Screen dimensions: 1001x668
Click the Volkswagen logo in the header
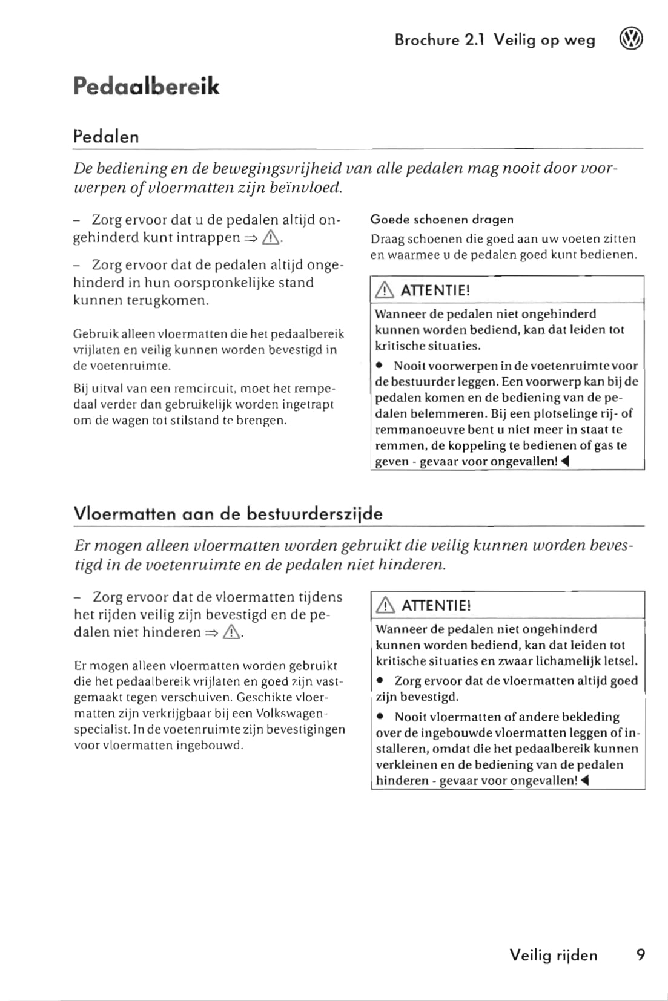click(x=631, y=39)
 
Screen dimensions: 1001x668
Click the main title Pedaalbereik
click(x=146, y=87)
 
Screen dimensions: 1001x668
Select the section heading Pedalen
click(x=106, y=137)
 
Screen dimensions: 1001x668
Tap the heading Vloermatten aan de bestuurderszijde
click(x=228, y=514)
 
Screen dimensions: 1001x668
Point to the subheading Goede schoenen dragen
click(x=441, y=220)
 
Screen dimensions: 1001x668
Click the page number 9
click(x=641, y=955)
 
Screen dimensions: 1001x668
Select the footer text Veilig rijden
click(x=553, y=955)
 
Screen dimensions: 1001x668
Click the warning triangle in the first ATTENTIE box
click(x=384, y=290)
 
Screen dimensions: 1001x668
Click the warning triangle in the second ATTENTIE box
click(x=385, y=606)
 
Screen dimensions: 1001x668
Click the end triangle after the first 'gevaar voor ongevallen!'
click(x=564, y=462)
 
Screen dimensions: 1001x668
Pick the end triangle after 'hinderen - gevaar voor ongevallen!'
click(x=584, y=781)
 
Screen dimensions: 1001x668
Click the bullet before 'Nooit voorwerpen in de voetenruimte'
click(x=379, y=366)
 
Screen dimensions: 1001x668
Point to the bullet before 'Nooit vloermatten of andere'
click(x=380, y=717)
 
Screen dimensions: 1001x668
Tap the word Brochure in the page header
click(x=426, y=40)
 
